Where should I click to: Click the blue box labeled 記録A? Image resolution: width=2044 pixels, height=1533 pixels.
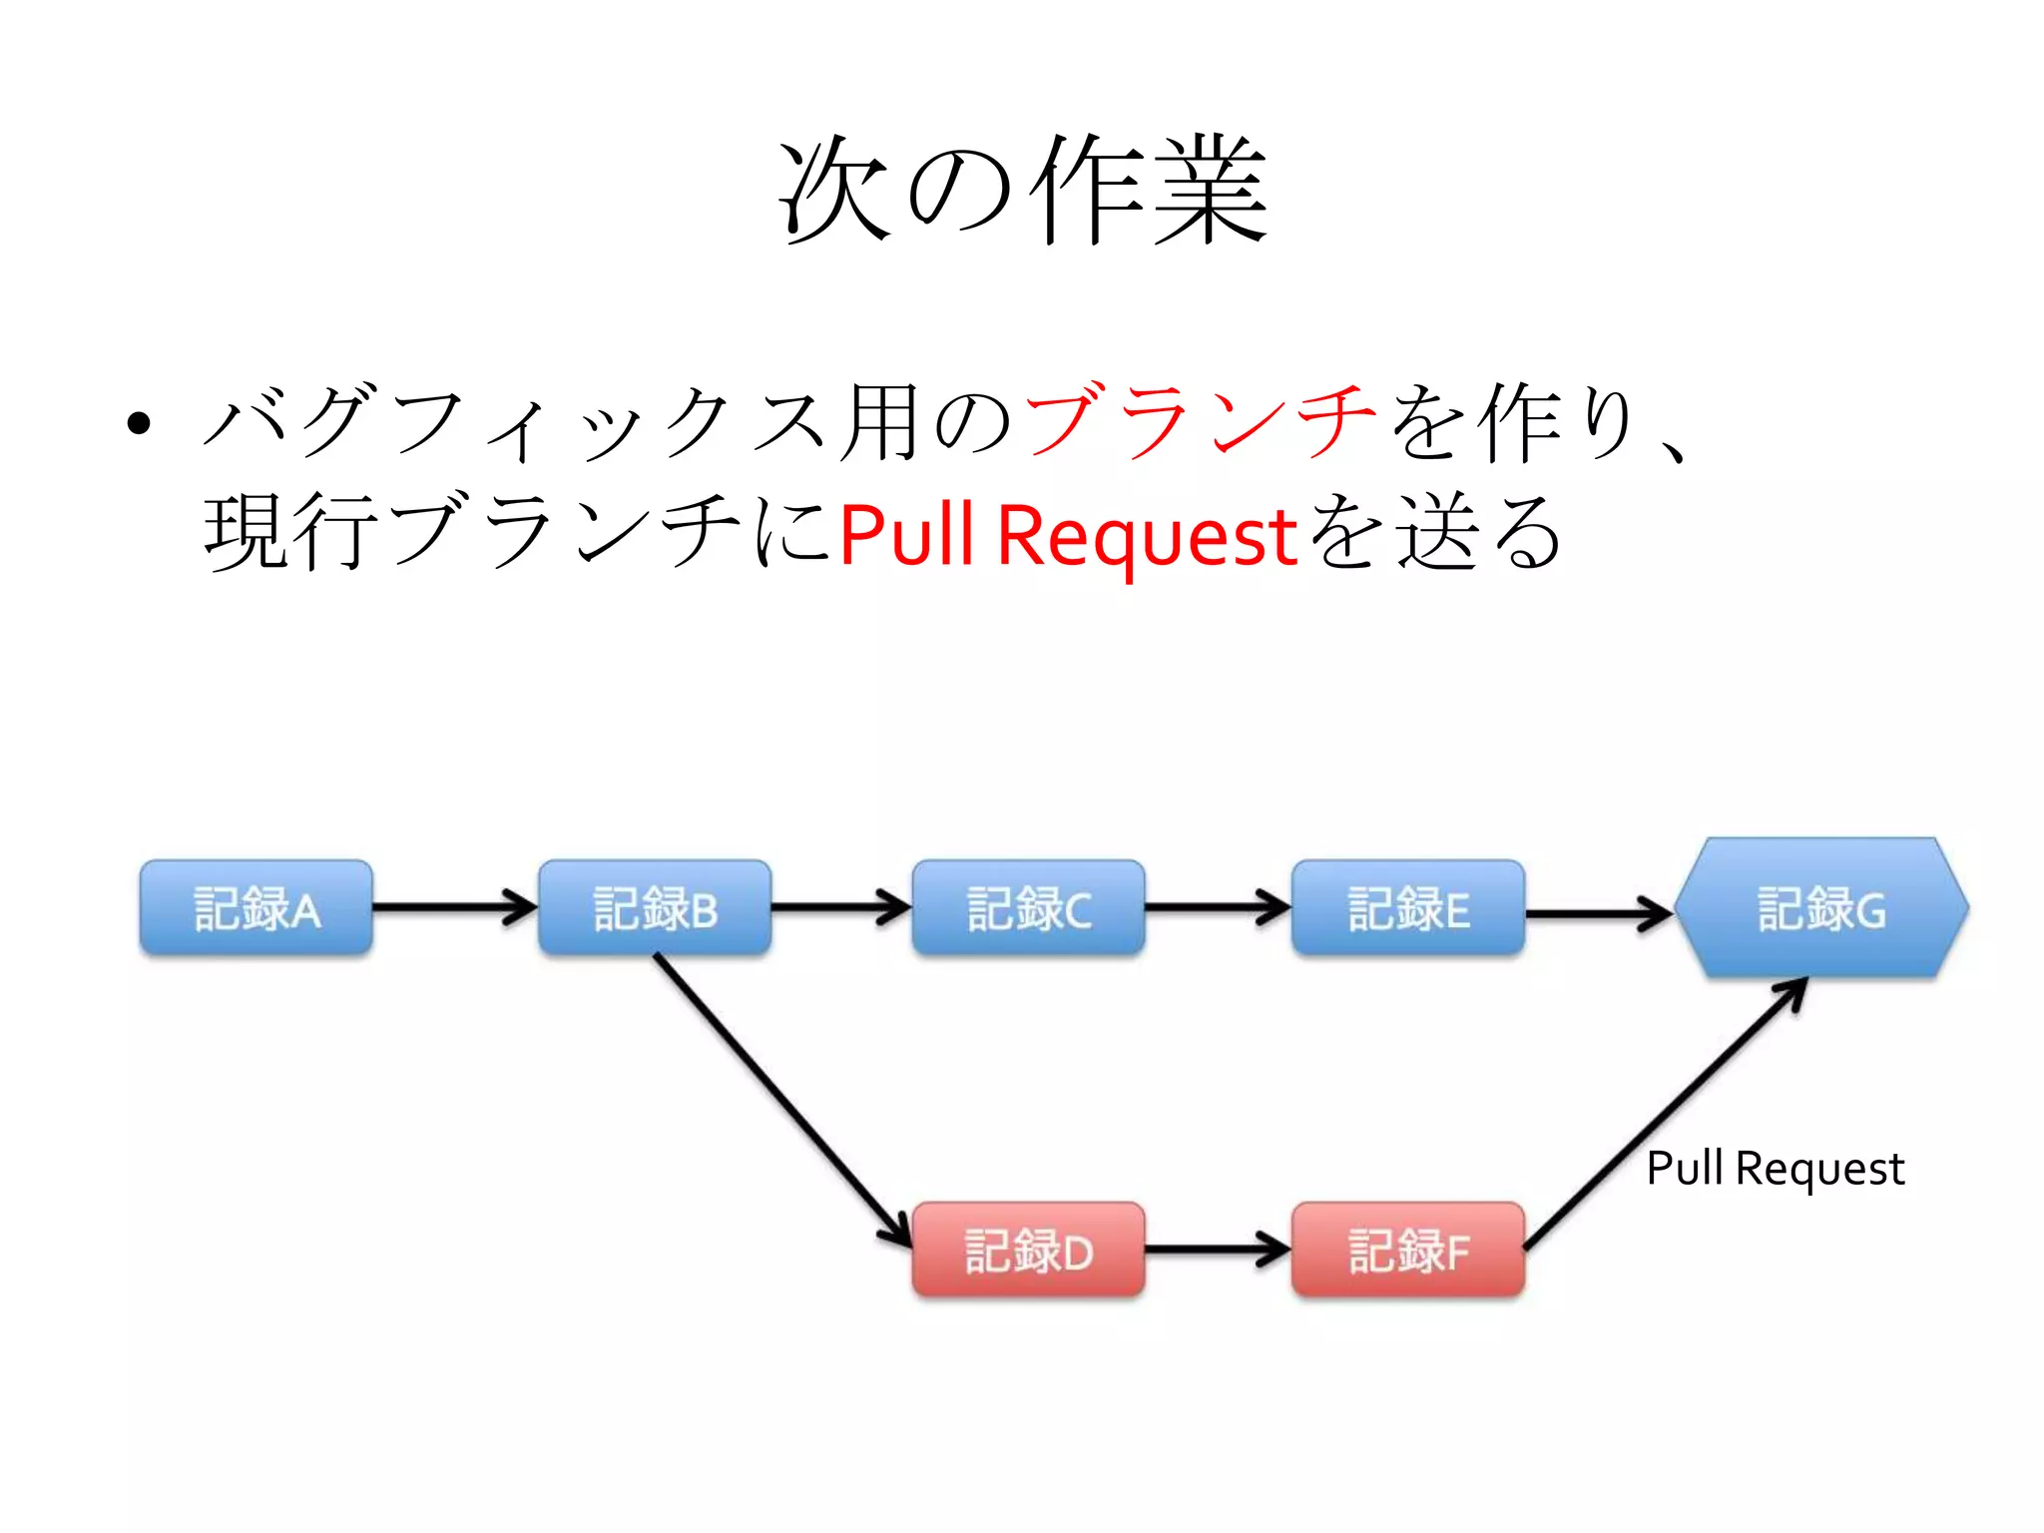click(x=256, y=908)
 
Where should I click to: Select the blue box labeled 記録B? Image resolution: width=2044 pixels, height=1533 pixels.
click(x=655, y=908)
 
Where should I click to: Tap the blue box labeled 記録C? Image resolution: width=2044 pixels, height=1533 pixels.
click(x=1029, y=908)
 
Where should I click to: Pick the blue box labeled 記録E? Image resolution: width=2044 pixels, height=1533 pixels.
click(x=1408, y=908)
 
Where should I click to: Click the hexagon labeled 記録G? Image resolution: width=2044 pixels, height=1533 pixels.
click(x=1821, y=908)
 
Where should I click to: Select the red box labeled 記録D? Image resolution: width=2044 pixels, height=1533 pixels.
click(x=1029, y=1251)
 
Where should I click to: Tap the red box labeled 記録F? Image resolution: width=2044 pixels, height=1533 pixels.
click(x=1408, y=1251)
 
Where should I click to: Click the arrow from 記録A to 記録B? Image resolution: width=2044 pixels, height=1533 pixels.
click(x=454, y=907)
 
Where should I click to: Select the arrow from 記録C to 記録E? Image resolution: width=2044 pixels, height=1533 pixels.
click(x=1218, y=907)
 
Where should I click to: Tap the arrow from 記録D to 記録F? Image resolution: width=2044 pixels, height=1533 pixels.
click(x=1218, y=1249)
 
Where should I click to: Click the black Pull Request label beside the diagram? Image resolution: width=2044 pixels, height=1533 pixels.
click(x=1775, y=1169)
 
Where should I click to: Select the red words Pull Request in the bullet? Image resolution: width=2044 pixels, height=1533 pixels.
click(x=1068, y=536)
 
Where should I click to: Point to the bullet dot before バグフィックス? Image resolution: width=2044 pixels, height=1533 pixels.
click(x=139, y=423)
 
